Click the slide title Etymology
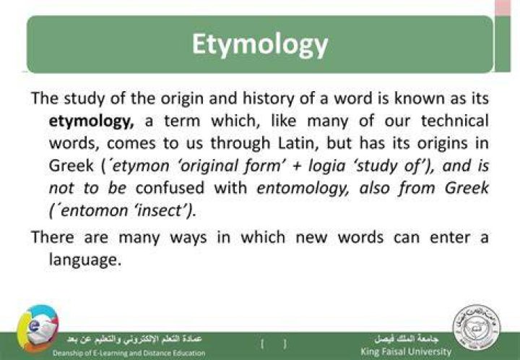[260, 45]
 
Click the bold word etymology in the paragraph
[91, 121]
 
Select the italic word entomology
[303, 189]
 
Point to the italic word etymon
[141, 166]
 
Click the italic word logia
[326, 166]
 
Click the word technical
[455, 121]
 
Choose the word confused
[170, 188]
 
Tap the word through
[240, 143]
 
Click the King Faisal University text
[406, 351]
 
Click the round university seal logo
[477, 327]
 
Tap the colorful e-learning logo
[38, 328]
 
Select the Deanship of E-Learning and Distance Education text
[129, 353]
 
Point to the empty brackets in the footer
[274, 344]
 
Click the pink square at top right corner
[503, 7]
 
